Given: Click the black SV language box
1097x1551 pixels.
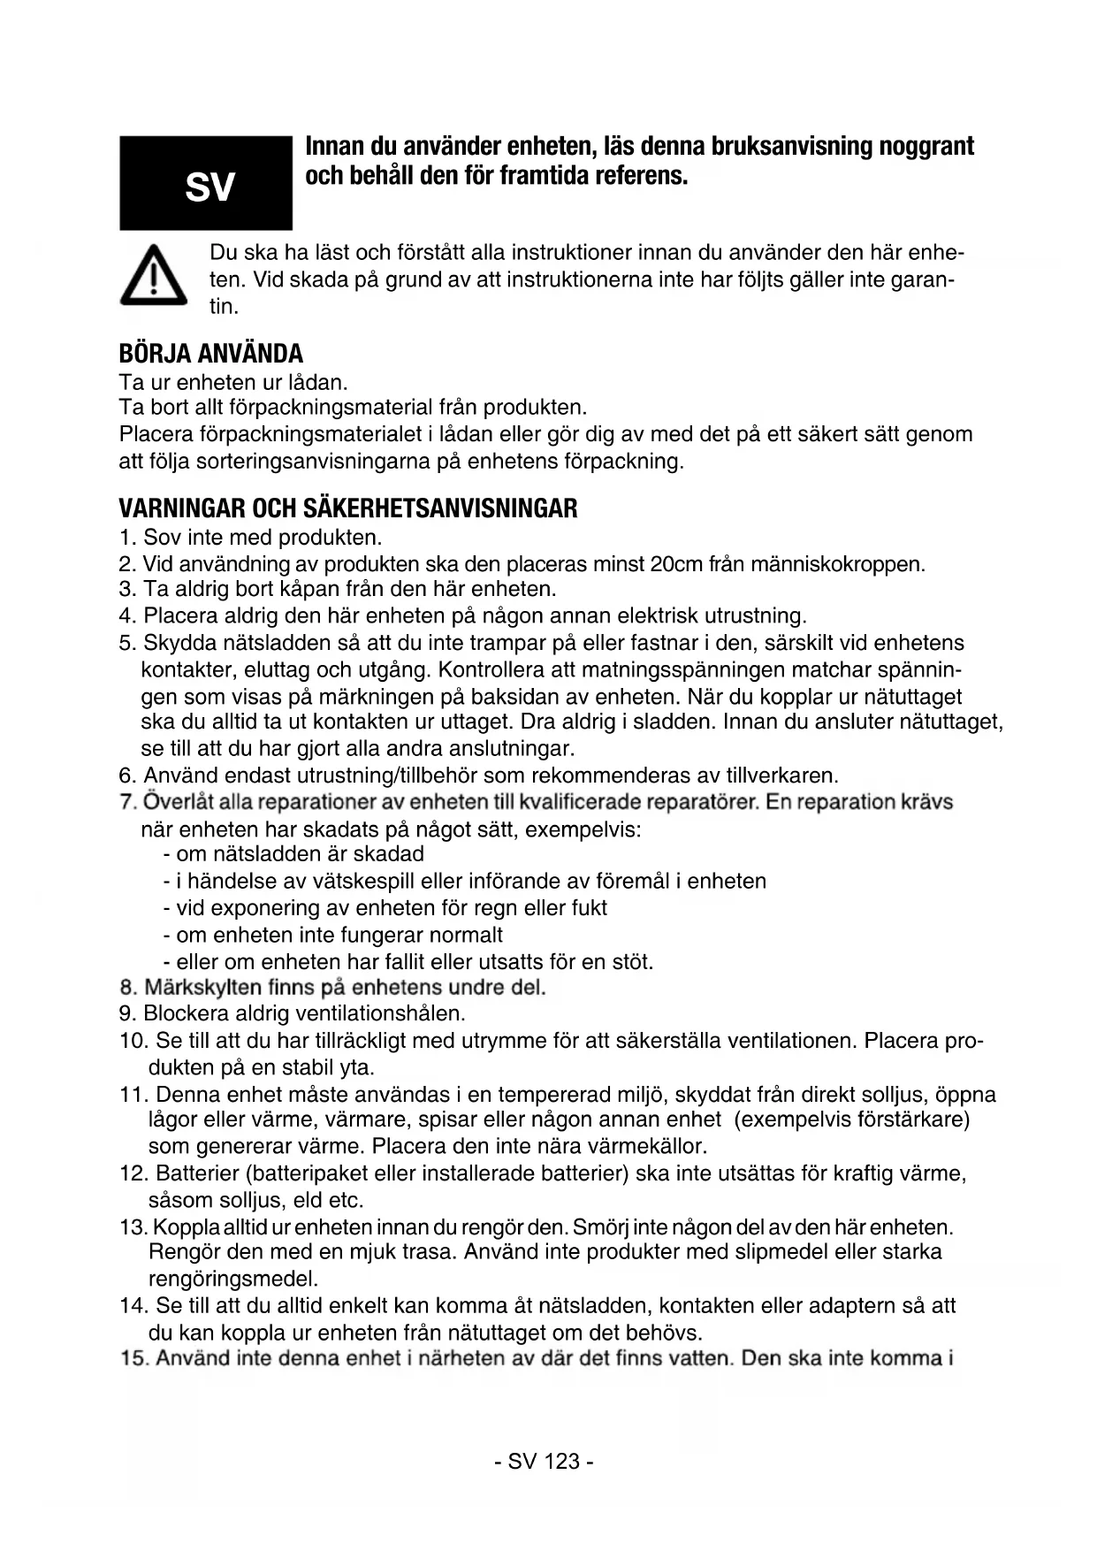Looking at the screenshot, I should click(x=206, y=183).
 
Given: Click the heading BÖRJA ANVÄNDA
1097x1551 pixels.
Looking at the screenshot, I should click(x=210, y=354).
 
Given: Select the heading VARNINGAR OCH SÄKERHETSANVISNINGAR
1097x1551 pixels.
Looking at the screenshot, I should click(x=348, y=508).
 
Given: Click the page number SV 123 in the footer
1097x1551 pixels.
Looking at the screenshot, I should click(x=544, y=1460).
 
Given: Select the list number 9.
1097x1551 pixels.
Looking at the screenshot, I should click(x=126, y=1013).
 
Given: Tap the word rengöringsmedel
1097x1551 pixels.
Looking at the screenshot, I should click(x=233, y=1279).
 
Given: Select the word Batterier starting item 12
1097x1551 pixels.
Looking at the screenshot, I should click(x=197, y=1173).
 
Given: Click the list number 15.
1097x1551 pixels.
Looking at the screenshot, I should click(x=133, y=1358).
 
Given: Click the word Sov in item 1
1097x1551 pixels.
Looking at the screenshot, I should click(x=162, y=538).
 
